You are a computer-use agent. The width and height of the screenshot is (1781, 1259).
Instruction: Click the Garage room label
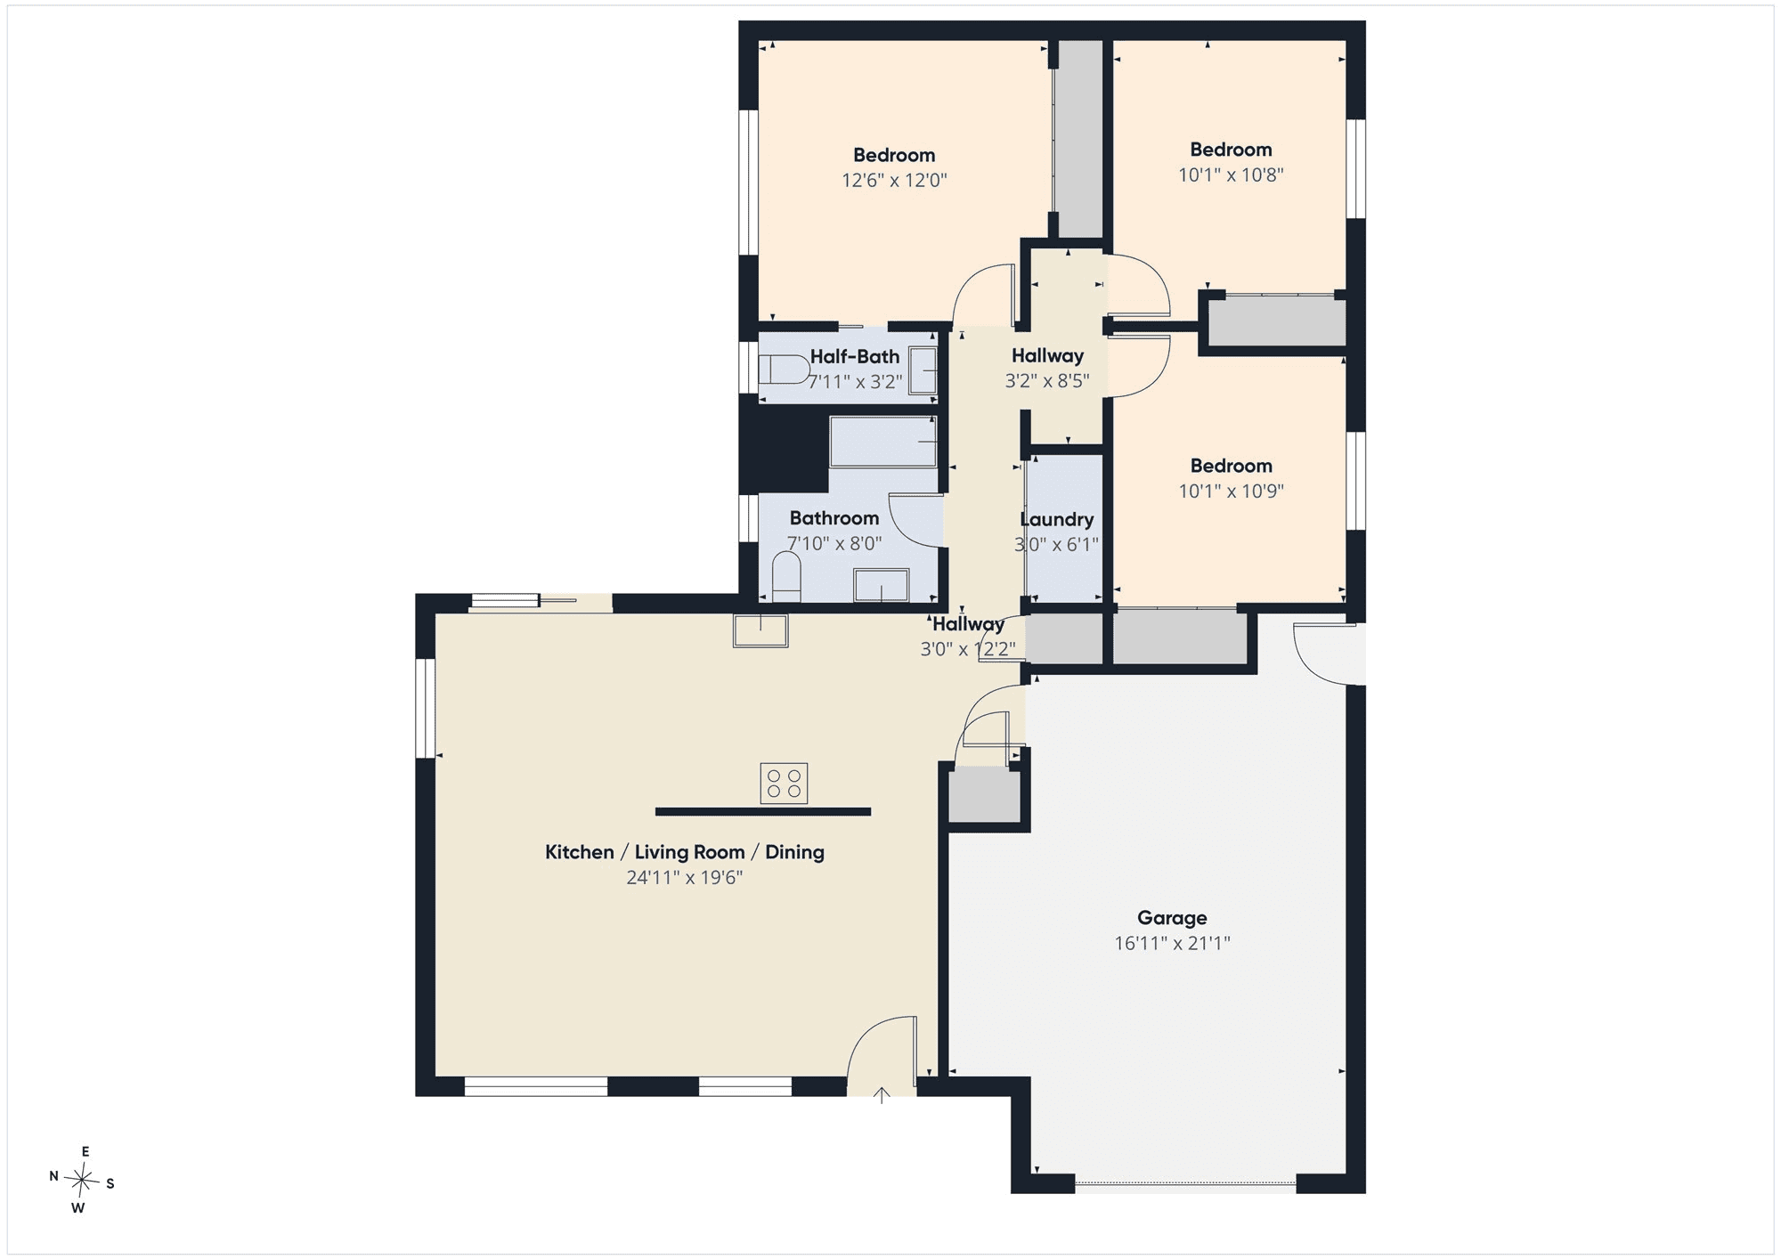(x=1172, y=918)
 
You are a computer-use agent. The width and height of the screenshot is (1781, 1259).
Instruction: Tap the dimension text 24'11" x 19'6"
(x=684, y=878)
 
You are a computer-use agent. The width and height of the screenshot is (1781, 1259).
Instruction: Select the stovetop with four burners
(x=784, y=784)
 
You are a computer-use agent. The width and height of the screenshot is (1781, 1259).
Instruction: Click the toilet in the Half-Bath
(x=783, y=370)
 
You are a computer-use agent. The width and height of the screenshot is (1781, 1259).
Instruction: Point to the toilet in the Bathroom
(x=786, y=577)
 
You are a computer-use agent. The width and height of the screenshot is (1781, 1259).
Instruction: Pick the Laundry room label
(x=1057, y=519)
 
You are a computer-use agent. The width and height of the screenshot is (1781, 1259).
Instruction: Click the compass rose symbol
(x=82, y=1182)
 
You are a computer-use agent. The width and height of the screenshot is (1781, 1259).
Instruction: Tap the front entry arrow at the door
(x=882, y=1095)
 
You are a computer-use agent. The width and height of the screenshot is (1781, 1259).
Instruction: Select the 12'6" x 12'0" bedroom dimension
(x=894, y=181)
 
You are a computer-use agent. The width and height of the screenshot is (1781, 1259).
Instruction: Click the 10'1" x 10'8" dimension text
(x=1231, y=175)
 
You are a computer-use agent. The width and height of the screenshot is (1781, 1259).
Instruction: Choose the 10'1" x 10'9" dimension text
(x=1231, y=491)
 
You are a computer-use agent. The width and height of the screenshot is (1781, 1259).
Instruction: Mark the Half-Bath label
(x=855, y=357)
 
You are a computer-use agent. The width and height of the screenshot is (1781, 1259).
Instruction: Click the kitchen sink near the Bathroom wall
(x=760, y=629)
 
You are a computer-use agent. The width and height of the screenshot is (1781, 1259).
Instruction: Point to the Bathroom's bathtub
(x=883, y=442)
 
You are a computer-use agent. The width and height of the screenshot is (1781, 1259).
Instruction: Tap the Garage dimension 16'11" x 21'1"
(x=1172, y=944)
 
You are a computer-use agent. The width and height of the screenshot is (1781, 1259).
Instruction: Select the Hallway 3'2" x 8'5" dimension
(x=1047, y=382)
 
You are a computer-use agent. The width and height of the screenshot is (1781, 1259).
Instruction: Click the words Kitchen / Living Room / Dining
(x=685, y=852)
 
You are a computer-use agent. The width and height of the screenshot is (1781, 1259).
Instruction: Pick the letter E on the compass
(x=85, y=1152)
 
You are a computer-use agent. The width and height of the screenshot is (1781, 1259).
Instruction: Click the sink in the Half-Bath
(x=923, y=370)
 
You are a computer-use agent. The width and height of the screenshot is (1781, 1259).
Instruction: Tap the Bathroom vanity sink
(x=881, y=586)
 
